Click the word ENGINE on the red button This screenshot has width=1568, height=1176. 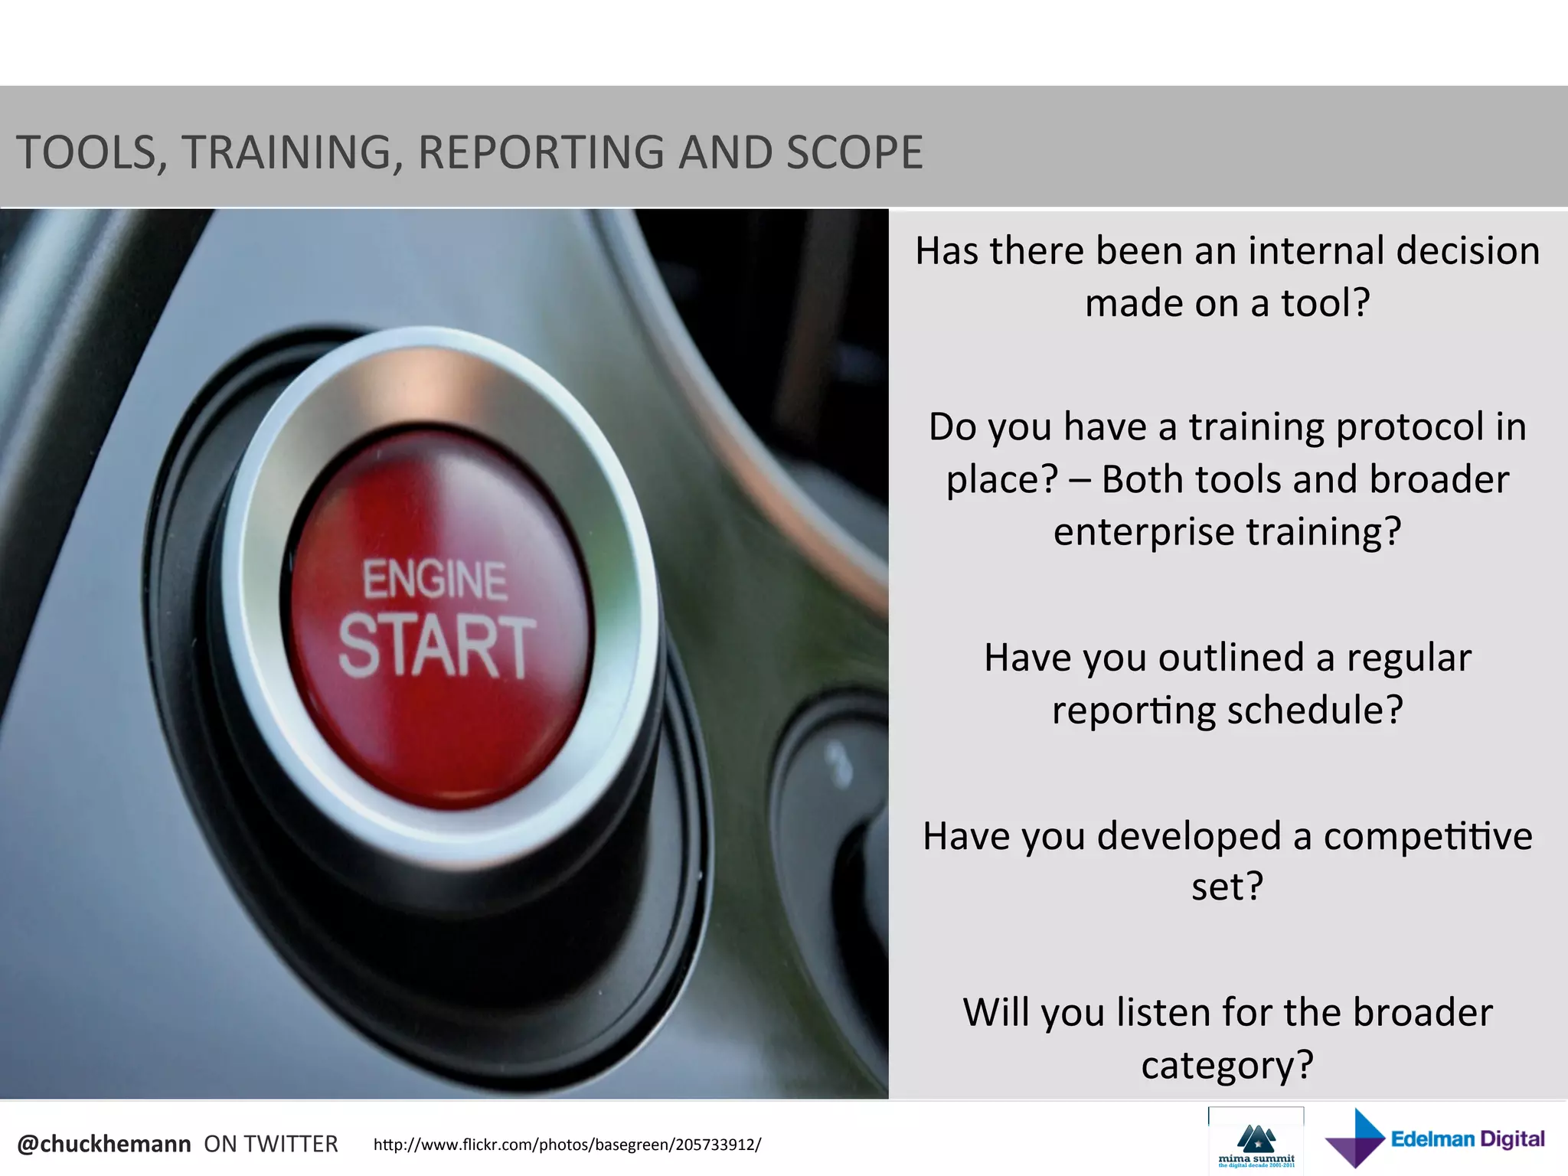(434, 580)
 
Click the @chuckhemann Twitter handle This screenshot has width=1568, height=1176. (104, 1144)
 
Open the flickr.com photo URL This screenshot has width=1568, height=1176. (567, 1145)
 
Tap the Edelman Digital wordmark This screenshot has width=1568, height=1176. (1468, 1139)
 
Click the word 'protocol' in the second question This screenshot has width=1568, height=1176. (1410, 427)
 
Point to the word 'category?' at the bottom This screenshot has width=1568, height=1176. (1227, 1065)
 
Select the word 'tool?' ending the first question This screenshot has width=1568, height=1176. (1325, 303)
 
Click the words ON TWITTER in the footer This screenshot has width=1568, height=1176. (270, 1144)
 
